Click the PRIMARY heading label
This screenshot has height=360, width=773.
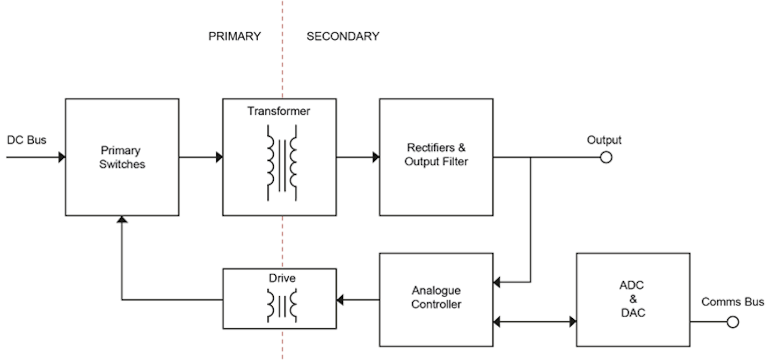click(235, 36)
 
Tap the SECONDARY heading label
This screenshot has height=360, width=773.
click(342, 36)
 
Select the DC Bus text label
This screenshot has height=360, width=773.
click(27, 141)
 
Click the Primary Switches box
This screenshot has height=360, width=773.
click(122, 157)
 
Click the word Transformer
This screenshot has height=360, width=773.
click(279, 112)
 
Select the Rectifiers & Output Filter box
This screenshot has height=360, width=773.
click(436, 157)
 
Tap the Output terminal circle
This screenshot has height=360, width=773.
click(606, 157)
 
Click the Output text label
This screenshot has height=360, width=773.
click(604, 141)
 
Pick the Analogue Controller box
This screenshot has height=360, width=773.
click(436, 299)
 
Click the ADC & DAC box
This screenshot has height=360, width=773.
click(633, 299)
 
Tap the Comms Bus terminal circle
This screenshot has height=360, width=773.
click(733, 322)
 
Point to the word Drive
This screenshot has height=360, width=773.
click(279, 278)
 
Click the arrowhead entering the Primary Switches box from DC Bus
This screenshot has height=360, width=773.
click(62, 157)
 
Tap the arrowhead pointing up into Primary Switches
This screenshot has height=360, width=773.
click(122, 220)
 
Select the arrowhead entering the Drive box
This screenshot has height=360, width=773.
click(340, 299)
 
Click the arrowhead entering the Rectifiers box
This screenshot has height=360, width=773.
click(376, 157)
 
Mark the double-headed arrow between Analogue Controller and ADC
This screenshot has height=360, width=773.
click(535, 322)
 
